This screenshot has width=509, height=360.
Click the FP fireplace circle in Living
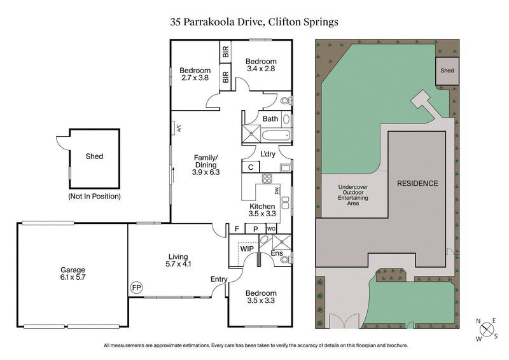point(136,287)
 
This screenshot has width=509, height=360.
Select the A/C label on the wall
point(179,127)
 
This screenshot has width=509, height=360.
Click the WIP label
point(248,249)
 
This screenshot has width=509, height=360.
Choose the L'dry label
point(267,154)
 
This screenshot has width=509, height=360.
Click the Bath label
point(270,119)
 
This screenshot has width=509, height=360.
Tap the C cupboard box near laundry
point(251,167)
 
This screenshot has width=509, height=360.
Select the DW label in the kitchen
point(276,190)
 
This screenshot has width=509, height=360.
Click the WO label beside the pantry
point(271,229)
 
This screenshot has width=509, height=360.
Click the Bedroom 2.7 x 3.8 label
point(195,74)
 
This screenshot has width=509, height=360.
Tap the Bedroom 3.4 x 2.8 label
point(261,65)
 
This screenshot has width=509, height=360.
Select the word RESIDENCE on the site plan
point(417,184)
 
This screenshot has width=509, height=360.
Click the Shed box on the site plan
point(447,71)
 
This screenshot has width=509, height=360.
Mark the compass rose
point(487,329)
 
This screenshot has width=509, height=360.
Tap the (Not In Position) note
point(94,197)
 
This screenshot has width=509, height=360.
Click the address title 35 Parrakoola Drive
point(254,22)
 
